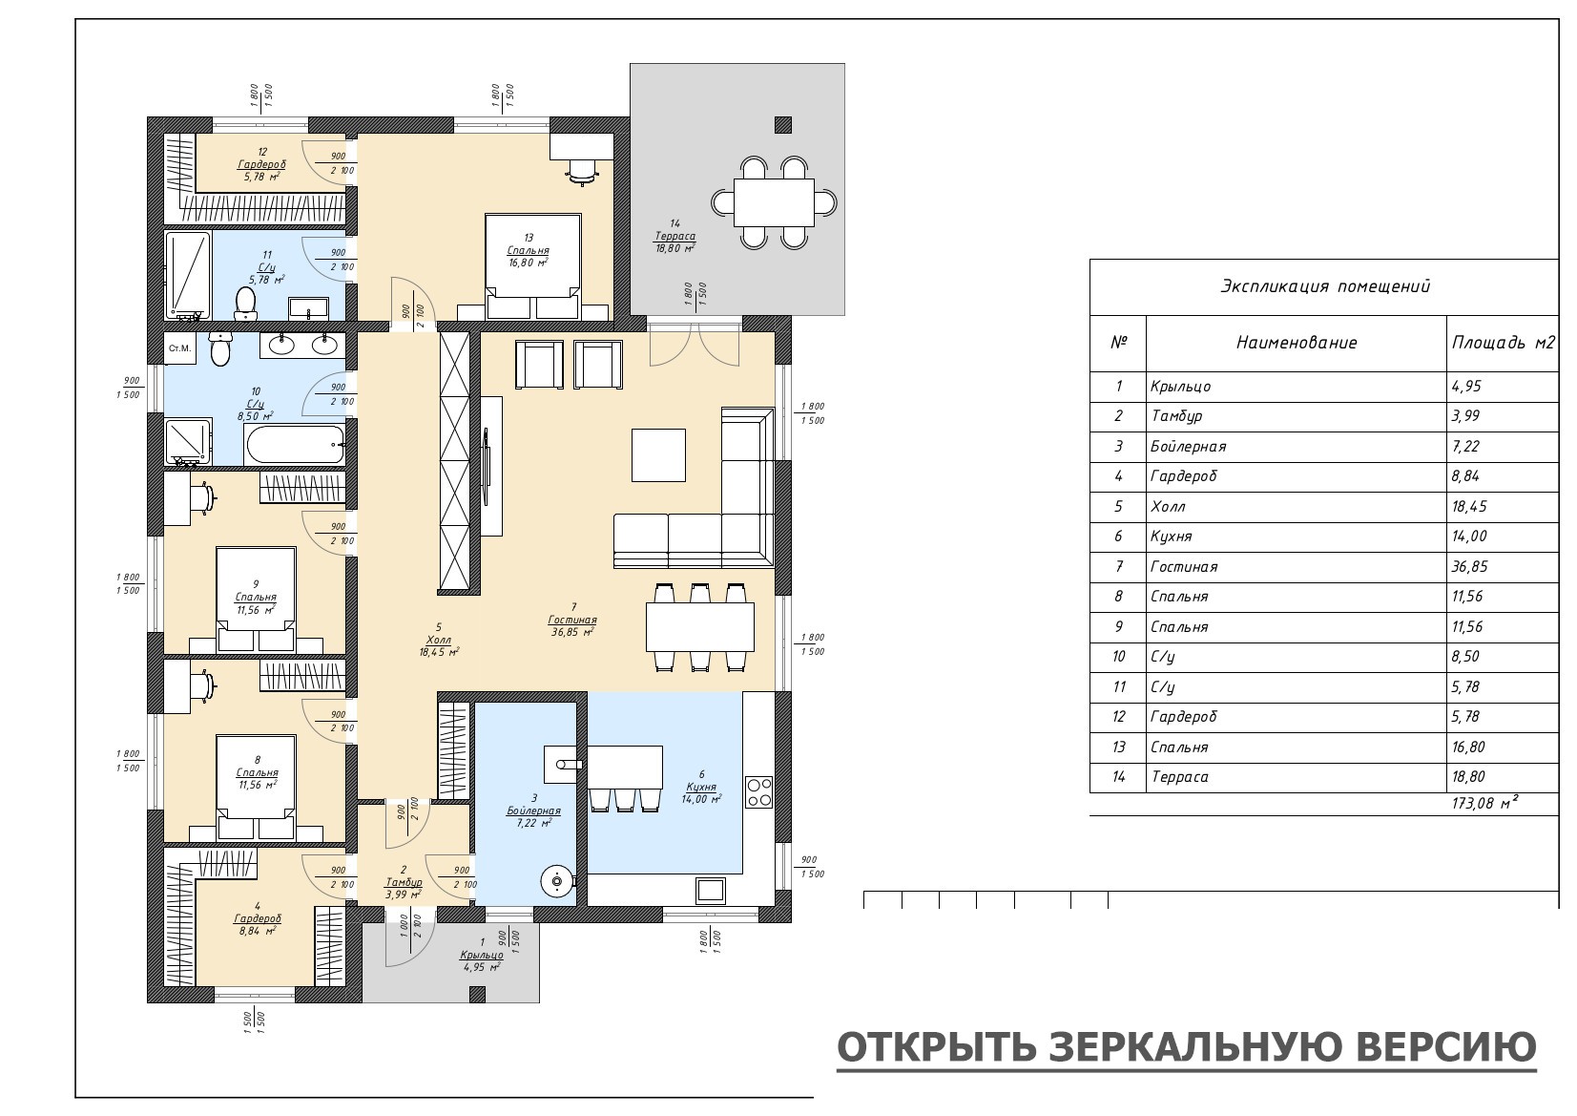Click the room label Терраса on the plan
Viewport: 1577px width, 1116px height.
coord(675,236)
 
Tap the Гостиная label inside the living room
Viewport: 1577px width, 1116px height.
coord(572,620)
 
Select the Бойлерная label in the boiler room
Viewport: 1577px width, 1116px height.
coord(533,811)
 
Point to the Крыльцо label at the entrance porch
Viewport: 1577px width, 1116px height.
coord(482,956)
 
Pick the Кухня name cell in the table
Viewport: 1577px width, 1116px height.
coord(1172,537)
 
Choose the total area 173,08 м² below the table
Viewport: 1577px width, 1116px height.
coord(1484,803)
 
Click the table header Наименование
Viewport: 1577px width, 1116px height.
coord(1297,343)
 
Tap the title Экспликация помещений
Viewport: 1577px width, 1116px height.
coord(1325,286)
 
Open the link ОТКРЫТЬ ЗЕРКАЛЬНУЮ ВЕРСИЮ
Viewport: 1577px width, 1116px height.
coord(1186,1047)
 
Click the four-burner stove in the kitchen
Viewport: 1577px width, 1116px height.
coord(758,792)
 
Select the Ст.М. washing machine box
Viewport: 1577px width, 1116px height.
coord(179,348)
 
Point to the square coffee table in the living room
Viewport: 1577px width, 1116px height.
coord(658,455)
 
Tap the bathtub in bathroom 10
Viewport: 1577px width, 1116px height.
coord(294,445)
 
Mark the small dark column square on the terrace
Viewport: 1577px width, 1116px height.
coord(783,125)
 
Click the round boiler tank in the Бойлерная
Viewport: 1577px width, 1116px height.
coord(557,881)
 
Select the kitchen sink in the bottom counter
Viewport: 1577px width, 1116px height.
coord(711,890)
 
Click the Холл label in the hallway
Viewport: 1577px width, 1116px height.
coord(439,640)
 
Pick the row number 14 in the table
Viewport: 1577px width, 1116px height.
coord(1119,776)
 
